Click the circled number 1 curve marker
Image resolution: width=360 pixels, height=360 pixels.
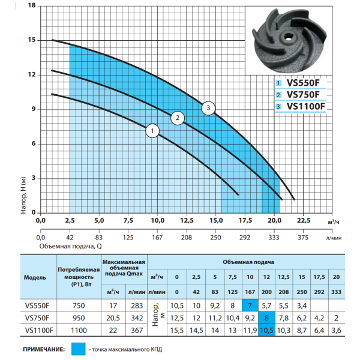click(152, 131)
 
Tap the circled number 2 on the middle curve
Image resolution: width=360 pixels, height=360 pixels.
click(178, 118)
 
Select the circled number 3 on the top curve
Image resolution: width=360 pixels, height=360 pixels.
click(208, 108)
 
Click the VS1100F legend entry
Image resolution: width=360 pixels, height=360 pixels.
click(301, 107)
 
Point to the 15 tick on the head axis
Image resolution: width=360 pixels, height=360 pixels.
click(32, 40)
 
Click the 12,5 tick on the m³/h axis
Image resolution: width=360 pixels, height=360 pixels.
click(187, 221)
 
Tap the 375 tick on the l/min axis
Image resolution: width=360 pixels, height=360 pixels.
click(303, 238)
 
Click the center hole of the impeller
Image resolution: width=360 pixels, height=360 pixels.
click(287, 37)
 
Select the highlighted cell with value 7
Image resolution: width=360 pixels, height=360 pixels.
click(250, 305)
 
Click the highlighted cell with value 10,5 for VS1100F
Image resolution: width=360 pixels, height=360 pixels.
click(266, 331)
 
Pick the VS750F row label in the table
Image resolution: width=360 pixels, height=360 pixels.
click(37, 318)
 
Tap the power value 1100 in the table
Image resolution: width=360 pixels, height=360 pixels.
click(79, 331)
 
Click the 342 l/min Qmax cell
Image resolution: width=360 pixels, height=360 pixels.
click(137, 318)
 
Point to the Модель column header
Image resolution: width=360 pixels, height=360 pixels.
click(35, 278)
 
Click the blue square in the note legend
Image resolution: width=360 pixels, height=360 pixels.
click(78, 349)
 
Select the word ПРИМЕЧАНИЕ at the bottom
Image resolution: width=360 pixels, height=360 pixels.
click(44, 349)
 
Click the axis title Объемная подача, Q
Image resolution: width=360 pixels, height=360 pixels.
click(70, 247)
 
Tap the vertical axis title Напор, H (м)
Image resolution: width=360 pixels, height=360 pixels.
click(23, 195)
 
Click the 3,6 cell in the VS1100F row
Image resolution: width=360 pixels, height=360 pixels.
click(337, 331)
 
